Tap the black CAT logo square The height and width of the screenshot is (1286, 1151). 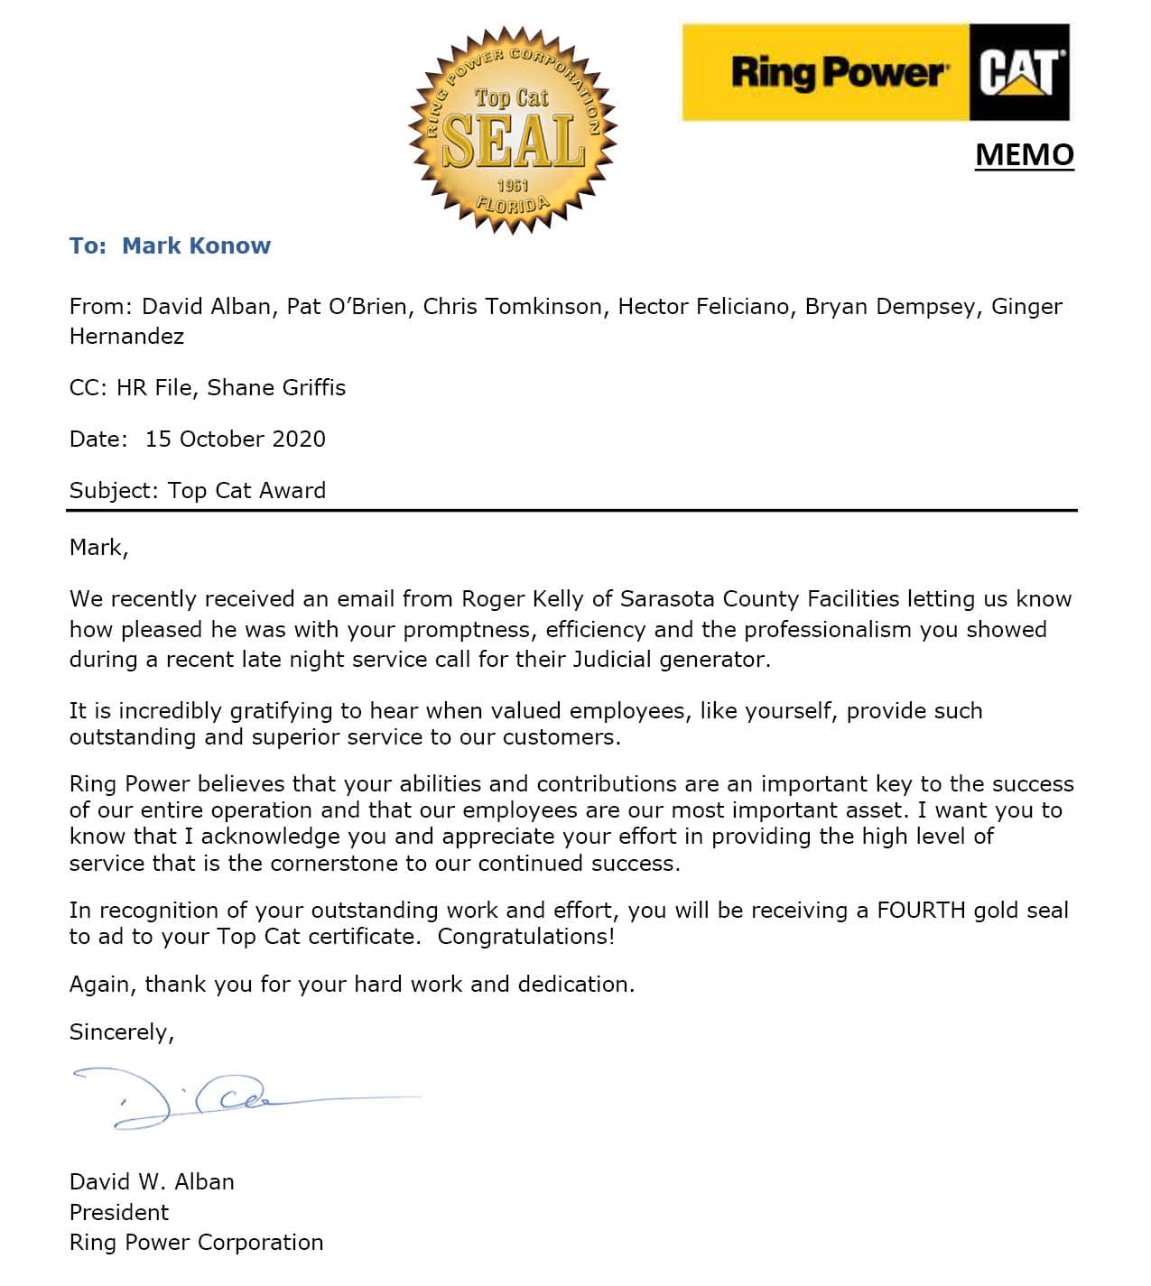(1019, 72)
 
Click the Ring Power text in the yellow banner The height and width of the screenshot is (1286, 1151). (837, 72)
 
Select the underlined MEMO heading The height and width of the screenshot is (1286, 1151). (1025, 154)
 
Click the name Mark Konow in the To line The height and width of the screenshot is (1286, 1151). (196, 245)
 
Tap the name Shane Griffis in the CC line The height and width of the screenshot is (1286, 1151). (276, 387)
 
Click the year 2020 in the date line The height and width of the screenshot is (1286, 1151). (298, 439)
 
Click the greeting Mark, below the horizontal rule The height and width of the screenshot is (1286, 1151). (98, 547)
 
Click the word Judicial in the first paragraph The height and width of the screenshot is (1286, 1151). (611, 659)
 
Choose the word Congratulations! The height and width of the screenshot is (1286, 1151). (525, 936)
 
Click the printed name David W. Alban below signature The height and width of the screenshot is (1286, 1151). (152, 1181)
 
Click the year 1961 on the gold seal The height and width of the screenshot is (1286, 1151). (512, 185)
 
